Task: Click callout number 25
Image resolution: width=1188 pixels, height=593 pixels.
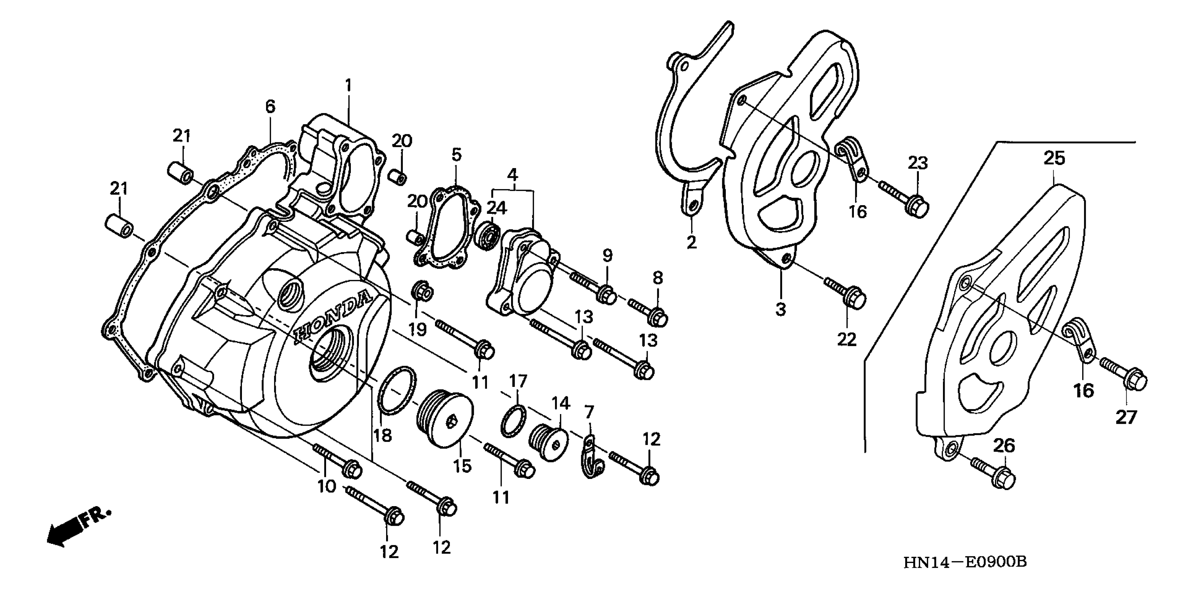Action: pyautogui.click(x=1054, y=158)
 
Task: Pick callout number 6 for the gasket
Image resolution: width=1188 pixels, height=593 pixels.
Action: pyautogui.click(x=270, y=106)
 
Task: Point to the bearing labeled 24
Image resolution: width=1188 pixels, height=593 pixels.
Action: pyautogui.click(x=488, y=236)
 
